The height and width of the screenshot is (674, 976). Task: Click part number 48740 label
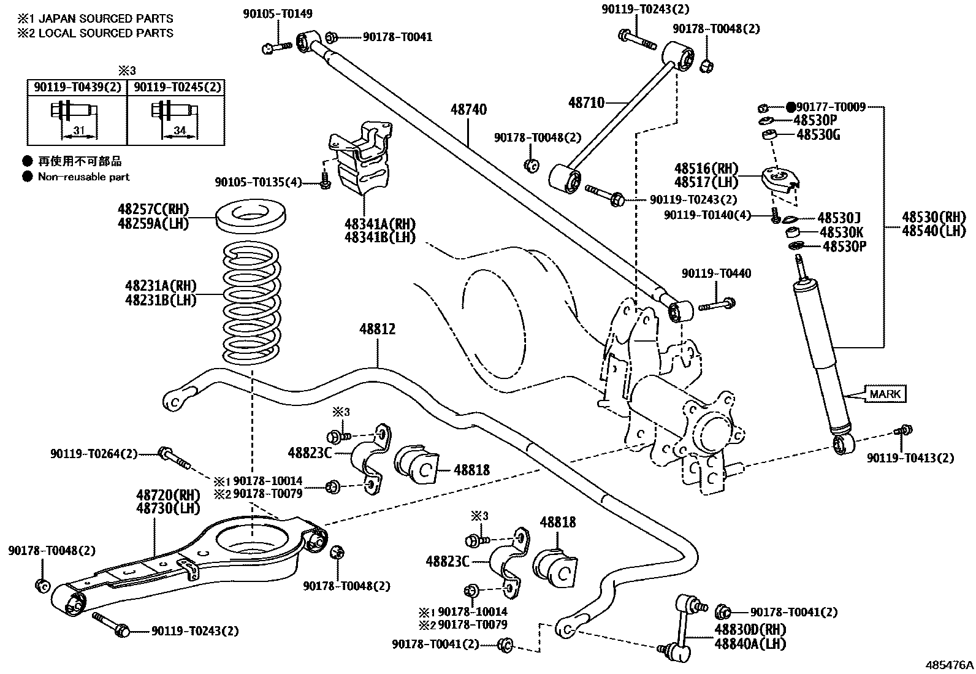point(468,110)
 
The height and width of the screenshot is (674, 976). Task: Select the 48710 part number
point(586,102)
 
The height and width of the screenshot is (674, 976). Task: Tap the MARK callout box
point(885,394)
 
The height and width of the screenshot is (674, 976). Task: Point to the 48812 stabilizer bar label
point(377,329)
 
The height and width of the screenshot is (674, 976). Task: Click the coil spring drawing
point(252,303)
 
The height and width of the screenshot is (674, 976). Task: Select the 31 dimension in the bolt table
point(78,131)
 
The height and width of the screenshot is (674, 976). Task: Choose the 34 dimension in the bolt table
point(179,131)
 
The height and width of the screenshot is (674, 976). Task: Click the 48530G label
point(818,135)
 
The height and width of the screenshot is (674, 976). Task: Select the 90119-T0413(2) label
point(910,458)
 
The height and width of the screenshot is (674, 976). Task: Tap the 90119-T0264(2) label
point(94,454)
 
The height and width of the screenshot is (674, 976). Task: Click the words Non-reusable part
point(84,177)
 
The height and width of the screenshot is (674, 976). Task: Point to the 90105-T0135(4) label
point(258,182)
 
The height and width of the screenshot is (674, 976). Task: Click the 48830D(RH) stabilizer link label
point(749,630)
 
